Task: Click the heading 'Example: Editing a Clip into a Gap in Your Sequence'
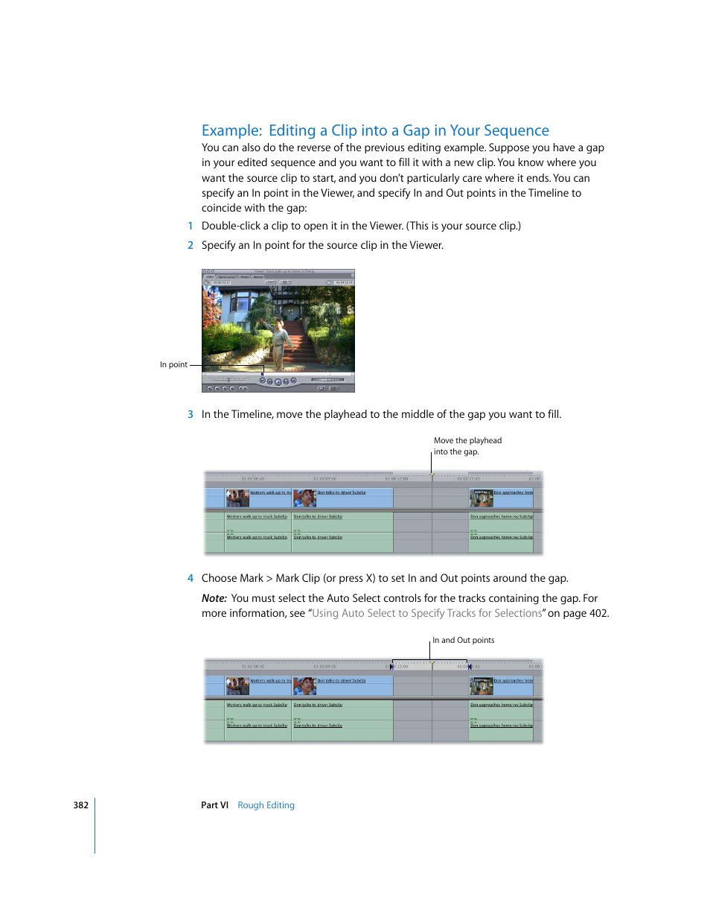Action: coord(375,130)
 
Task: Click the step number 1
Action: coord(191,226)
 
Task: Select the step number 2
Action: coord(191,245)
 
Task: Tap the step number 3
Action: coord(191,414)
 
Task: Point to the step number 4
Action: coord(191,578)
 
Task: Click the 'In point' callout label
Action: coord(173,365)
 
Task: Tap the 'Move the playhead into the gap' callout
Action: coord(467,446)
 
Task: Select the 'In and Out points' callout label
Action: coord(463,640)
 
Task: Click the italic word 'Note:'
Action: coord(214,598)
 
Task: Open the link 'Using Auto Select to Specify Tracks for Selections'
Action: coord(427,613)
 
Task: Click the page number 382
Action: coord(81,805)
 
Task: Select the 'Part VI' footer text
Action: coord(214,805)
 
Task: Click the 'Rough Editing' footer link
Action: coord(266,805)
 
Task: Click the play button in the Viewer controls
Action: coord(278,381)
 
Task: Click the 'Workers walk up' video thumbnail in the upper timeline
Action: coord(237,498)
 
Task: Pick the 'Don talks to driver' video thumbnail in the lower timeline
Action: coord(304,685)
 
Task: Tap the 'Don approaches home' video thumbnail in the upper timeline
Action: coord(482,498)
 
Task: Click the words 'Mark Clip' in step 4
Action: coord(298,578)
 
